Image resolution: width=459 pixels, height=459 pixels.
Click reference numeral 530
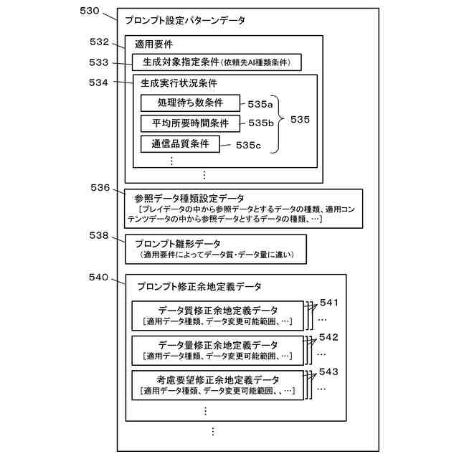point(90,11)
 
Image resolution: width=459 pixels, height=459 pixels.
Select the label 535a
point(261,104)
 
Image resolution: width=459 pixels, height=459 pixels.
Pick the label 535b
point(261,123)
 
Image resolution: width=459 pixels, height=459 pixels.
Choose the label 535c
point(248,145)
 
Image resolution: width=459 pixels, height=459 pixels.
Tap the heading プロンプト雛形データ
point(178,244)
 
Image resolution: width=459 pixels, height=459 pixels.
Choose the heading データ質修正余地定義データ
point(218,311)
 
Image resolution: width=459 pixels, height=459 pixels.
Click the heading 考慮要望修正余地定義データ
point(218,379)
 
